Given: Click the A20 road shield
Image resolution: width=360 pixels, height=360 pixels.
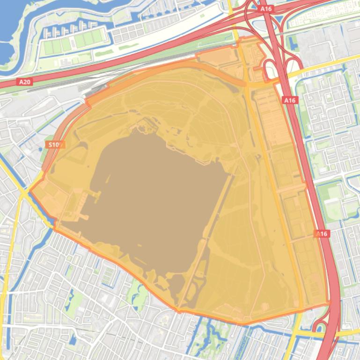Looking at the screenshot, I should (x=25, y=82).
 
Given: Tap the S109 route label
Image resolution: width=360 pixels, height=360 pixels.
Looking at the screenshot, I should (x=55, y=144).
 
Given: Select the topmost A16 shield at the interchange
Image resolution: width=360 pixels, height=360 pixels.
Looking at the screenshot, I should (x=266, y=9).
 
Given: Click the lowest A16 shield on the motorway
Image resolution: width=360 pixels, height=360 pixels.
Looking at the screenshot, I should (x=321, y=234).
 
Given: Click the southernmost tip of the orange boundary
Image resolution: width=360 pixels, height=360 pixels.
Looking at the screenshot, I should (x=243, y=324).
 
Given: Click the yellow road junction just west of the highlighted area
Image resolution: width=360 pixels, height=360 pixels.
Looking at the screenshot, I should (x=23, y=192).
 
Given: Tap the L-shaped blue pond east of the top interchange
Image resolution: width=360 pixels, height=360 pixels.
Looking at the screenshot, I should (x=294, y=44).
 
